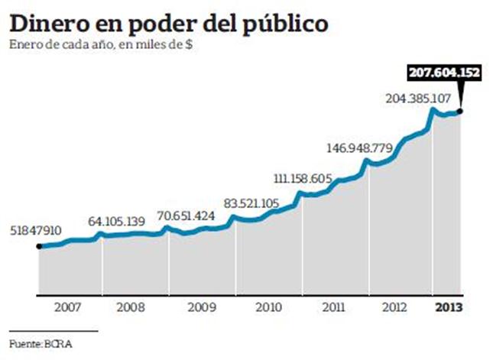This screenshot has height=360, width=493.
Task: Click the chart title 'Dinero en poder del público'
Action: click(x=170, y=22)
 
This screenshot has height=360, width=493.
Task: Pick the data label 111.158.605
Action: click(x=302, y=179)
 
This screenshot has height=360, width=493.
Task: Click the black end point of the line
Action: click(x=460, y=112)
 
